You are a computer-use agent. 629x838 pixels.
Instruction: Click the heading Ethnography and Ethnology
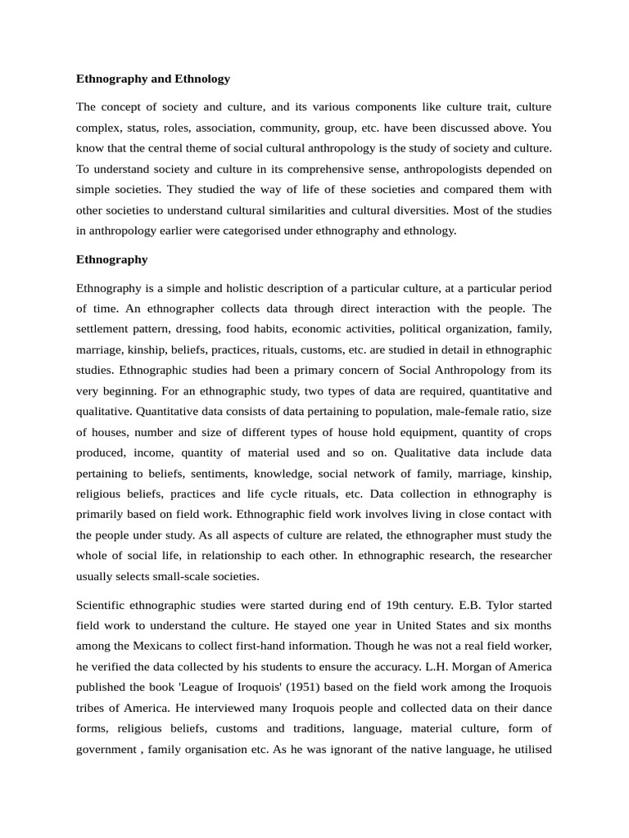(153, 79)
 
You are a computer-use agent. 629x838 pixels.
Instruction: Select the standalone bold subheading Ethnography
(111, 259)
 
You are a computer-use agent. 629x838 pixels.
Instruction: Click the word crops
(536, 431)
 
